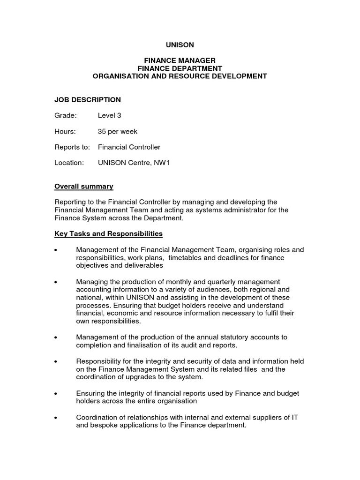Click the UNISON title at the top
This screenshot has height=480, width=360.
180,45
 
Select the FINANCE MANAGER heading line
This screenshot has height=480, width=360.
180,60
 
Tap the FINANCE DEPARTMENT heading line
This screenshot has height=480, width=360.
180,68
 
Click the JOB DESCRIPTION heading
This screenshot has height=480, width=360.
88,100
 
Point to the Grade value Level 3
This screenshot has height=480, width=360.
110,116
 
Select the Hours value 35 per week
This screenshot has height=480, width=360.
118,132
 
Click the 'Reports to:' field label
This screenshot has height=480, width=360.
72,147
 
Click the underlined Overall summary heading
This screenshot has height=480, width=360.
84,187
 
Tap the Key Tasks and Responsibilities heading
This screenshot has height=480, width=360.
108,233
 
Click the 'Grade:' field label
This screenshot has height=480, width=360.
65,116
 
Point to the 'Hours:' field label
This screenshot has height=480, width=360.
65,132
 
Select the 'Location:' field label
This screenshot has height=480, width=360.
69,163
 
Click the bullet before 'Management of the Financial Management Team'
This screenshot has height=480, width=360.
56,250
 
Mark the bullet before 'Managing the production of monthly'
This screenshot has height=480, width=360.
56,282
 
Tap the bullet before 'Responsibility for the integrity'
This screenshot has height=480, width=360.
56,361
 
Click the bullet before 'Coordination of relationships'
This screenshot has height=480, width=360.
56,418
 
